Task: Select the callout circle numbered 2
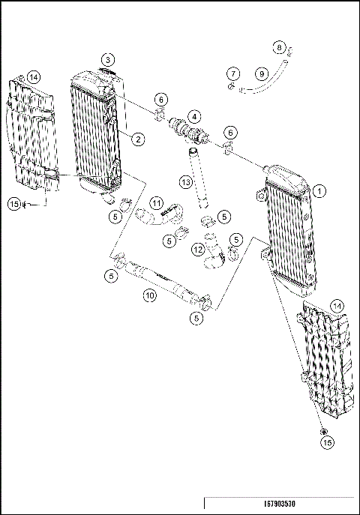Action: coord(139,139)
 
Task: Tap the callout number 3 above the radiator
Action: coord(109,59)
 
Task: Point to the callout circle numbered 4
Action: coord(193,117)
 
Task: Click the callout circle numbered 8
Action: coord(279,49)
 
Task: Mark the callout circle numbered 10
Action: coord(150,296)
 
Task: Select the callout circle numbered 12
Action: coord(197,249)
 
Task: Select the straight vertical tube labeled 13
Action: coord(199,176)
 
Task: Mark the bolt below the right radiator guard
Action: coord(323,433)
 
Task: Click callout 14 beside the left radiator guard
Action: coord(33,77)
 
